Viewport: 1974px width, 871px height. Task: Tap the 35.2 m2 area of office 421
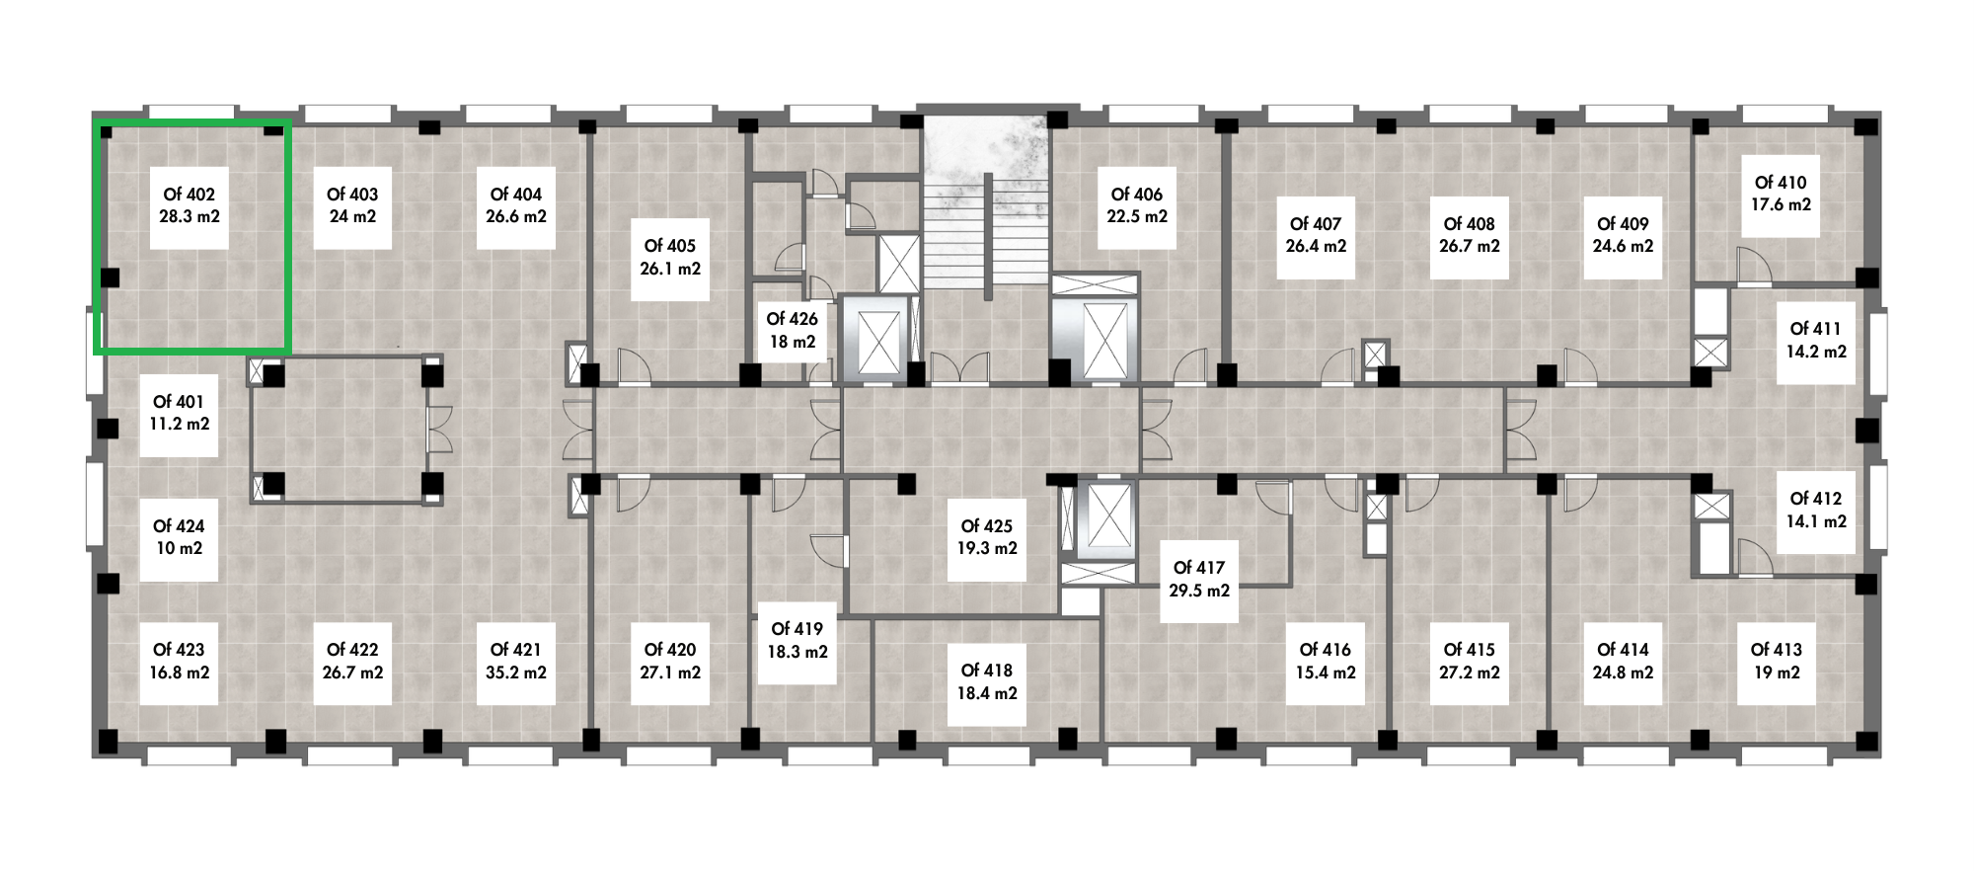(516, 673)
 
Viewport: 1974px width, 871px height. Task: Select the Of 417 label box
(1199, 580)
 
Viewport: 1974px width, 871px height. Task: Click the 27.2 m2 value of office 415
(1470, 673)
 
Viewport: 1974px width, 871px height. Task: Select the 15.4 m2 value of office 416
(1326, 673)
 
